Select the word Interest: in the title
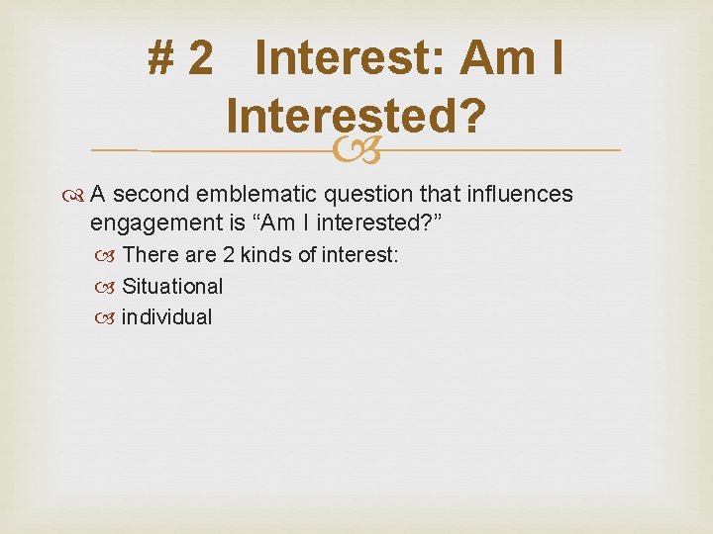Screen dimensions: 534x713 tap(350, 58)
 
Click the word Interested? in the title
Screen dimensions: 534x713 tap(356, 117)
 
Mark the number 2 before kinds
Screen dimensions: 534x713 tap(228, 255)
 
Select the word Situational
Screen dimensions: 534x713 tap(172, 287)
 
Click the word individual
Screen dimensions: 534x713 tap(166, 317)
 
